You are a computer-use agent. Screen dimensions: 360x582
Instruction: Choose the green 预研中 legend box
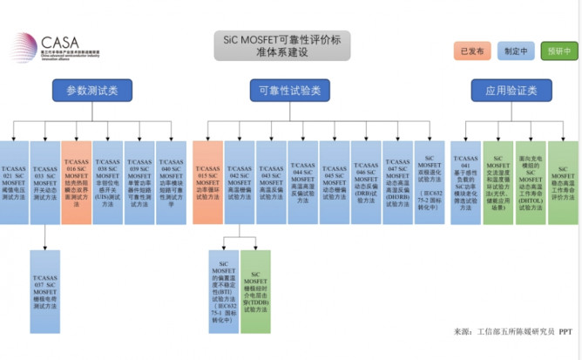click(x=558, y=51)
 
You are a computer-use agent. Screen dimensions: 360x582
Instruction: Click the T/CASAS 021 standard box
click(x=14, y=180)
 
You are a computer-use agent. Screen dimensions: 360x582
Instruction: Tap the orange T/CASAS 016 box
click(x=76, y=180)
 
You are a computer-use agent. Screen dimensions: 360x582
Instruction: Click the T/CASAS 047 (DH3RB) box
click(x=397, y=180)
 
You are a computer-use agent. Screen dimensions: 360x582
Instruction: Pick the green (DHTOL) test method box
click(x=530, y=180)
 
